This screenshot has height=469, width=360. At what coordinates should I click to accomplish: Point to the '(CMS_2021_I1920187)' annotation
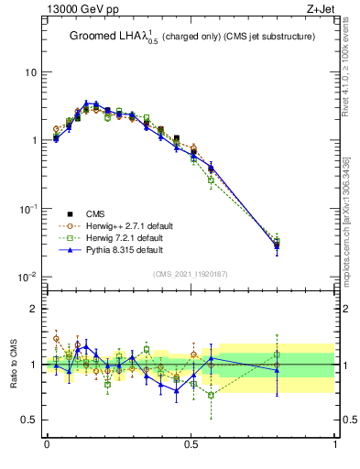pos(191,273)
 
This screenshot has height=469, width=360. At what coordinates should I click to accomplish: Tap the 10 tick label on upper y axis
pos(30,71)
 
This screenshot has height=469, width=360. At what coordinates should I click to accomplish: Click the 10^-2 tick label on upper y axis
pos(28,277)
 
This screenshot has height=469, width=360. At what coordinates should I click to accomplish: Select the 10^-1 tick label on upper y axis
pos(28,208)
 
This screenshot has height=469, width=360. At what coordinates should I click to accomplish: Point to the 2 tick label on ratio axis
pos(33,309)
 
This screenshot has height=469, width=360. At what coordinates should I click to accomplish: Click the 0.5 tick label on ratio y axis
pos(29,420)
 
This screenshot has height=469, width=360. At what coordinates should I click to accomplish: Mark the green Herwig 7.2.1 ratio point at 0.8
pos(278,354)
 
